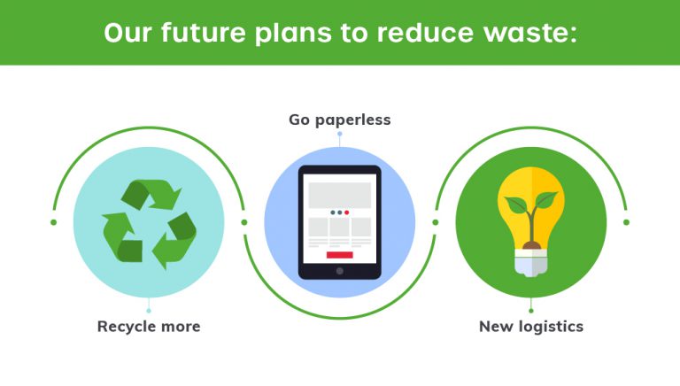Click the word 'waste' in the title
530,33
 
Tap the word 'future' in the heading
204,32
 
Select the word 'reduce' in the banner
425,32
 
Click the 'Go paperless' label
340,120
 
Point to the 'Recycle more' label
149,326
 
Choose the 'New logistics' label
531,327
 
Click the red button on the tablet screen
340,255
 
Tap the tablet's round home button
340,271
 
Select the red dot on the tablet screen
346,212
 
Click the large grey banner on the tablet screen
340,195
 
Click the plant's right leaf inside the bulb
546,199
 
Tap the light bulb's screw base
531,263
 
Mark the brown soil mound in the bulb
531,246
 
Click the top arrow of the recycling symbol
151,194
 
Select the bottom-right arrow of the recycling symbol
174,240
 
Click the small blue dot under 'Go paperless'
340,134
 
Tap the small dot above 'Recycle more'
149,311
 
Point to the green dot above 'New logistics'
531,311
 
